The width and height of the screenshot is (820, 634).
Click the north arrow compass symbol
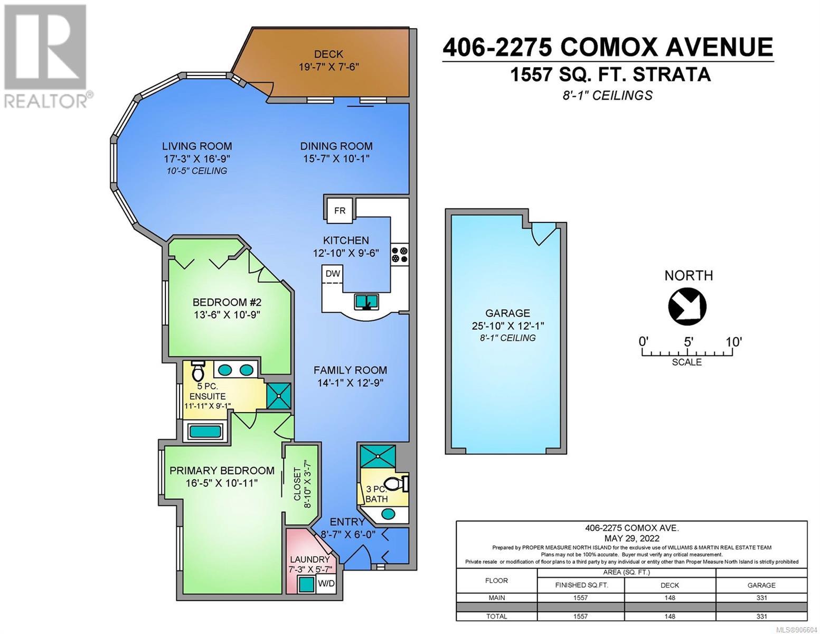pyautogui.click(x=687, y=306)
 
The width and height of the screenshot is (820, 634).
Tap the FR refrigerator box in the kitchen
pyautogui.click(x=339, y=210)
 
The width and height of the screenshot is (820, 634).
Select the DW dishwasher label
pyautogui.click(x=333, y=273)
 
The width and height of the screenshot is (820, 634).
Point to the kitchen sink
pyautogui.click(x=367, y=301)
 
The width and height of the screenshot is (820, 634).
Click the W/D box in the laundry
pyautogui.click(x=326, y=583)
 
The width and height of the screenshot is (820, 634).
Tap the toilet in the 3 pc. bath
pyautogui.click(x=395, y=484)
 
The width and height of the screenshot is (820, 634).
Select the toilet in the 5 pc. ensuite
pyautogui.click(x=197, y=371)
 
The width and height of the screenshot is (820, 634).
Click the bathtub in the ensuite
pyautogui.click(x=205, y=431)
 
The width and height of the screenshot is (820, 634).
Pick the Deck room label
pyautogui.click(x=328, y=54)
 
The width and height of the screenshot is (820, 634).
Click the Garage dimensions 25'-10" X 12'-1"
pyautogui.click(x=507, y=325)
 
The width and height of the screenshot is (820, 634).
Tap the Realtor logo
pyautogui.click(x=45, y=56)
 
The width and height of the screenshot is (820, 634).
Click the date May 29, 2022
pyautogui.click(x=632, y=538)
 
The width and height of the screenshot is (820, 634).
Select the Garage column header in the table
pyautogui.click(x=761, y=585)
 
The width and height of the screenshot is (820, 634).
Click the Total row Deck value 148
pyautogui.click(x=670, y=616)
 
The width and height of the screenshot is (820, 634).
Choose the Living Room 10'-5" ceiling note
pyautogui.click(x=197, y=171)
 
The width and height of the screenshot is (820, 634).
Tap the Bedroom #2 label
pyautogui.click(x=227, y=302)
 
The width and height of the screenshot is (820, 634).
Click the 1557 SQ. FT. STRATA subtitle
pyautogui.click(x=610, y=74)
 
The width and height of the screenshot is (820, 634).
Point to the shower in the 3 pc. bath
pyautogui.click(x=378, y=456)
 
